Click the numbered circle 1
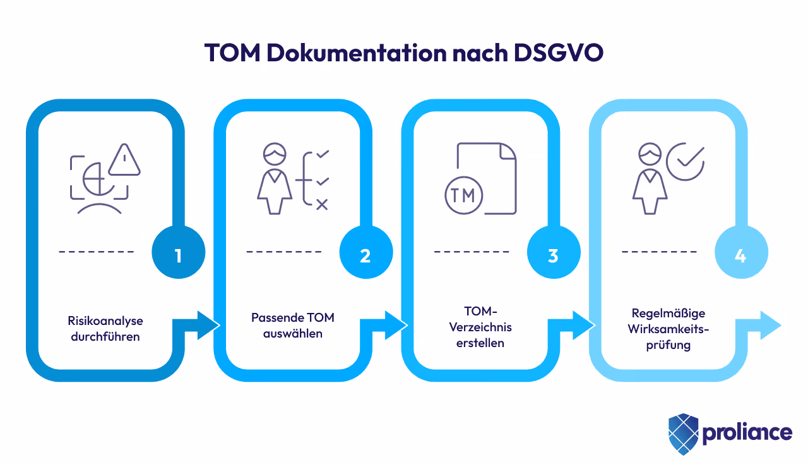pos(178,255)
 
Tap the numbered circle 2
pos(365,255)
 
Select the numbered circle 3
pos(553,255)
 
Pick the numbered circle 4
pos(740,255)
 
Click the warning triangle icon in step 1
pos(124,161)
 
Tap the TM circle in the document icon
pos(463,195)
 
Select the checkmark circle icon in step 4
pos(685,161)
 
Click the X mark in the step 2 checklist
pos(322,204)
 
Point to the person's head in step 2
pos(275,155)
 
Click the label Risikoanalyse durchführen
pos(105,329)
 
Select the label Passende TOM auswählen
pos(293,325)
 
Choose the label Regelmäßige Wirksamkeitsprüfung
pos(668,329)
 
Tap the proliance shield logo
pos(683,434)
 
